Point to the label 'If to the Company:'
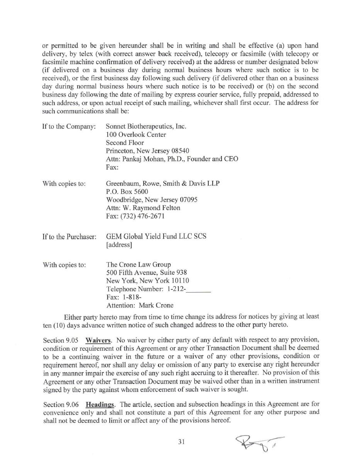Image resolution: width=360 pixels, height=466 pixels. (x=69, y=126)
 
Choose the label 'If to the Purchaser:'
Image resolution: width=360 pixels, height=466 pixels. (x=69, y=237)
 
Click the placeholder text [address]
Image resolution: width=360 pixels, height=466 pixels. (x=119, y=245)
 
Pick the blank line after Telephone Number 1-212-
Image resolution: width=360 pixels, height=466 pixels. (x=198, y=289)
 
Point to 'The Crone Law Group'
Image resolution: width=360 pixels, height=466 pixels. (x=138, y=264)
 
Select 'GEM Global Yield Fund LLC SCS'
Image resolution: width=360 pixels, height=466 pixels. (x=156, y=236)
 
